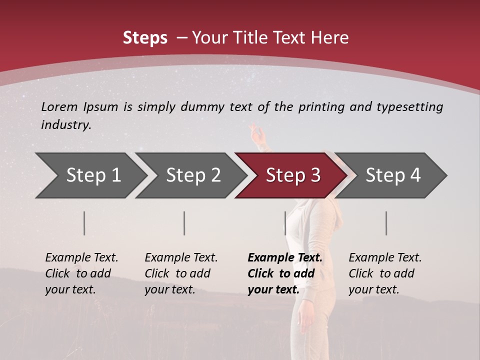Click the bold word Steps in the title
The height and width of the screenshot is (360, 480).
[145, 37]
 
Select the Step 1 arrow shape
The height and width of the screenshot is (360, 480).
[90, 175]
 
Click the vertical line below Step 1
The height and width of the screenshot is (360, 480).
[84, 223]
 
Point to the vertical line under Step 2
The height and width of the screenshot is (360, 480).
[184, 223]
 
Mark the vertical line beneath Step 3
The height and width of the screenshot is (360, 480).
[285, 223]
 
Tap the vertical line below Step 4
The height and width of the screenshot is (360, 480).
[386, 223]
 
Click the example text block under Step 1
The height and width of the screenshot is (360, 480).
[81, 273]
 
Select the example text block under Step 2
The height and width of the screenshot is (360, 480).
[181, 273]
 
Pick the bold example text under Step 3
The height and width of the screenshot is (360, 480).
[285, 273]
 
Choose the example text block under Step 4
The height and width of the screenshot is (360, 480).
[385, 273]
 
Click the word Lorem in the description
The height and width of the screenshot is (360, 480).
[59, 106]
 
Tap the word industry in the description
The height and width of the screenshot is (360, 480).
[66, 125]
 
